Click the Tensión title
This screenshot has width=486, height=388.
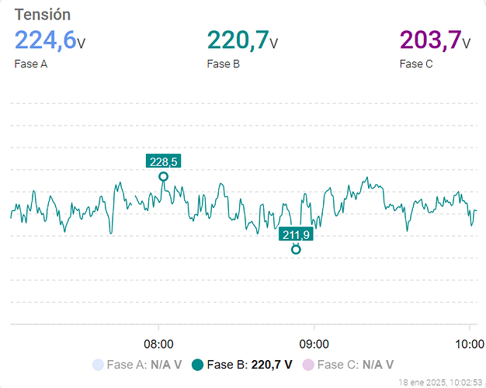(43, 14)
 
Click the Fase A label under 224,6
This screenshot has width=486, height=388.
(31, 64)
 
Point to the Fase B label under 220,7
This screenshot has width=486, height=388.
(223, 64)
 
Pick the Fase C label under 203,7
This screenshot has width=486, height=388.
(416, 64)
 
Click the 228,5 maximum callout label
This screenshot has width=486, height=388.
(164, 161)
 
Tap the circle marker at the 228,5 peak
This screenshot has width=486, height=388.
(163, 177)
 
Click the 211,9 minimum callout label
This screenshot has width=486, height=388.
(296, 234)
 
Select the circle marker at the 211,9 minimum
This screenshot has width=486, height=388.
(296, 249)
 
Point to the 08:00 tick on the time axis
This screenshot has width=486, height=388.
(159, 343)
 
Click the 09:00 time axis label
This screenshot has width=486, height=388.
(314, 343)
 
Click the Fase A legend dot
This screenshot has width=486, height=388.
(97, 364)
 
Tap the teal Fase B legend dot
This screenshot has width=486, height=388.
(197, 364)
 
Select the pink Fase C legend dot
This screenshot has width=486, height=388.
(308, 364)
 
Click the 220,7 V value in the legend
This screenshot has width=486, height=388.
(272, 364)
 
